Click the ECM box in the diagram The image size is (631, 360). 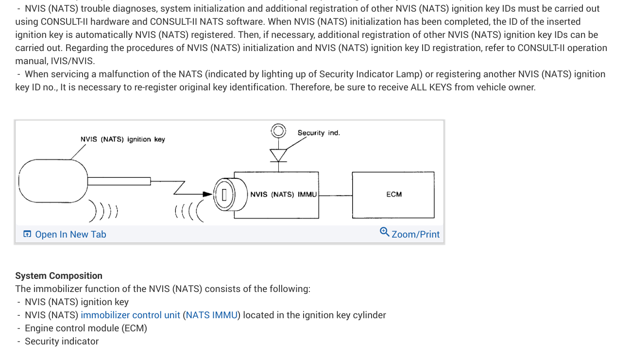[x=393, y=194]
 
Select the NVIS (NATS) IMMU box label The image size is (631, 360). [x=283, y=194]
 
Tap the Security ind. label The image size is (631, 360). [x=319, y=133]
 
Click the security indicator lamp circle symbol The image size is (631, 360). [x=278, y=131]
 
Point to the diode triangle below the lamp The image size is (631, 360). [x=278, y=154]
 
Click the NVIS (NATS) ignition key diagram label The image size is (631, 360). [x=122, y=139]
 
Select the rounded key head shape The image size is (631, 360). [x=52, y=180]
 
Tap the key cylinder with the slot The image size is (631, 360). [x=224, y=195]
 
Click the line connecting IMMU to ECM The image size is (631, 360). [x=335, y=195]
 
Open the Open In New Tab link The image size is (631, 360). [x=70, y=234]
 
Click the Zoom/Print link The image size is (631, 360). [x=415, y=234]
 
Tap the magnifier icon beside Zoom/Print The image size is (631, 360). [x=384, y=232]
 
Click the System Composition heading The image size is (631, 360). [x=59, y=276]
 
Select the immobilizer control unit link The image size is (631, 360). [x=130, y=315]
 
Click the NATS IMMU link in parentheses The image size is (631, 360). [x=211, y=315]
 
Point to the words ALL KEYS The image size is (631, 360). [x=431, y=87]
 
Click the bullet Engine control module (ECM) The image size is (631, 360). [x=85, y=328]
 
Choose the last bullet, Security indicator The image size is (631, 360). [x=62, y=342]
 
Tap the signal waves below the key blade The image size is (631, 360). [x=104, y=210]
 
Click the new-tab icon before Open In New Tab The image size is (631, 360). [x=27, y=234]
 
